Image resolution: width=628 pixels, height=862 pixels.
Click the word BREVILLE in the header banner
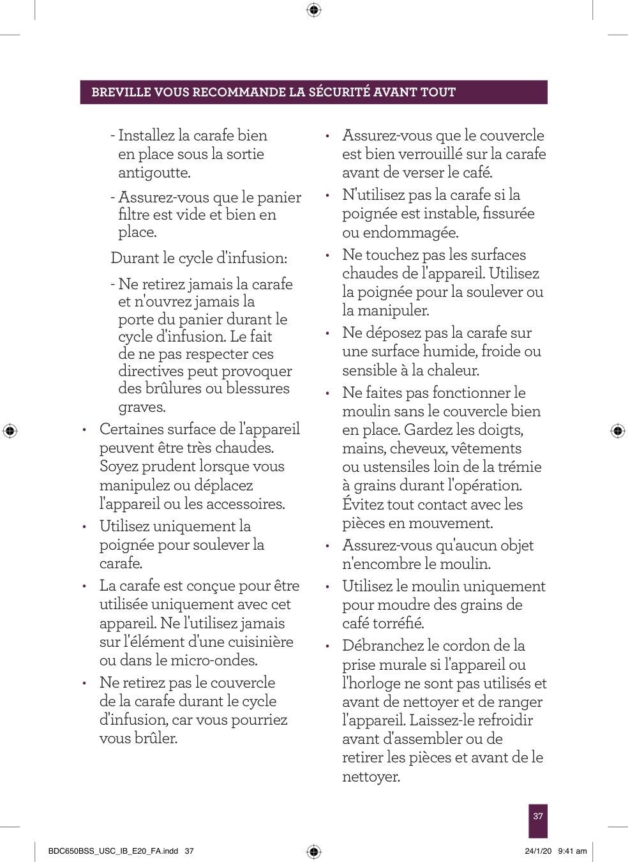[121, 92]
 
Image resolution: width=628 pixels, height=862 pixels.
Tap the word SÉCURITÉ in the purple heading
[339, 92]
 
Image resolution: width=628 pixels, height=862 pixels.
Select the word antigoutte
[154, 172]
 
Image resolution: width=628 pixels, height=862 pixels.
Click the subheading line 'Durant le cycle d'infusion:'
[198, 258]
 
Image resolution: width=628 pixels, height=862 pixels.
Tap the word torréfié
[398, 623]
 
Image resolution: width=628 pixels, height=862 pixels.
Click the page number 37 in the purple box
[538, 816]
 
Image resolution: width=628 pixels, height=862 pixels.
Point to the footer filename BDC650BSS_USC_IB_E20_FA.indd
[113, 851]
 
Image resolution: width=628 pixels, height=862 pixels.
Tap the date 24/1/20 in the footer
[538, 851]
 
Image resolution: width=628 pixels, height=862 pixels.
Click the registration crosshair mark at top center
[314, 10]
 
